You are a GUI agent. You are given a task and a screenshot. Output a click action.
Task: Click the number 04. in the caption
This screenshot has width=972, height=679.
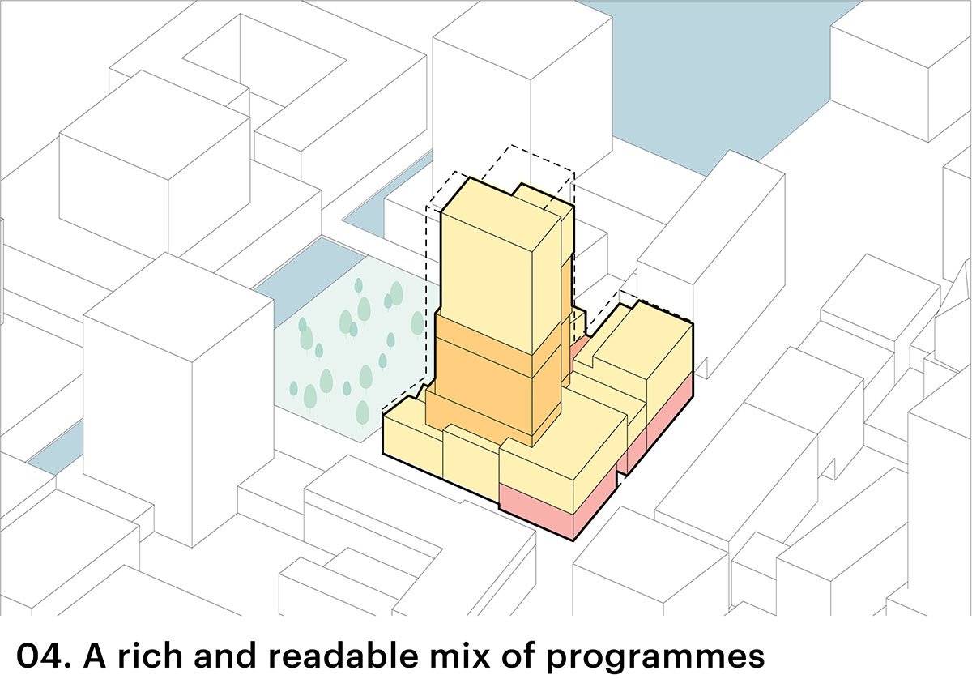pos(38,654)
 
